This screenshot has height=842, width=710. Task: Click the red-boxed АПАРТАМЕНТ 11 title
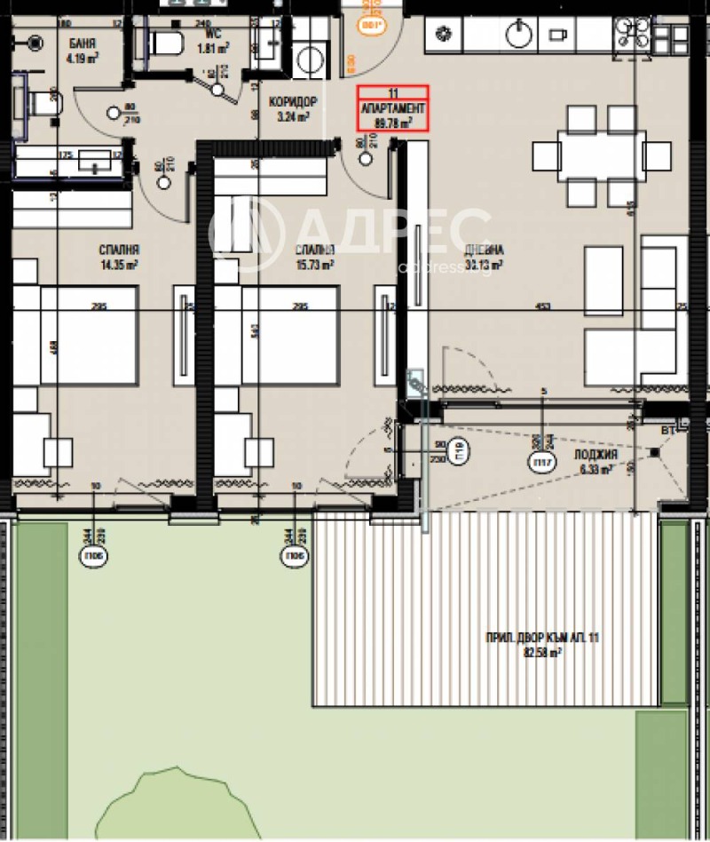tap(392, 108)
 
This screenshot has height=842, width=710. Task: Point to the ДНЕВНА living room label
tap(485, 250)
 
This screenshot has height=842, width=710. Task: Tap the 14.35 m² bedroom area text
tap(120, 264)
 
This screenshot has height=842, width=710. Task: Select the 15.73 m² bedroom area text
tap(315, 264)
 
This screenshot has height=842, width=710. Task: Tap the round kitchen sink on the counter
tap(517, 35)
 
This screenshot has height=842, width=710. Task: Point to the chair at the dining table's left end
tap(544, 157)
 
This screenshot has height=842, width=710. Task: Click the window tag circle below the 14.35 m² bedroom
tap(93, 557)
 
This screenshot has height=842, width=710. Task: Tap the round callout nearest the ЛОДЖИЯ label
tap(539, 461)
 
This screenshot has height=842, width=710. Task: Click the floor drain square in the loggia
tap(655, 452)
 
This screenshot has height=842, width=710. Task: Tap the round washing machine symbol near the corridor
tap(311, 60)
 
